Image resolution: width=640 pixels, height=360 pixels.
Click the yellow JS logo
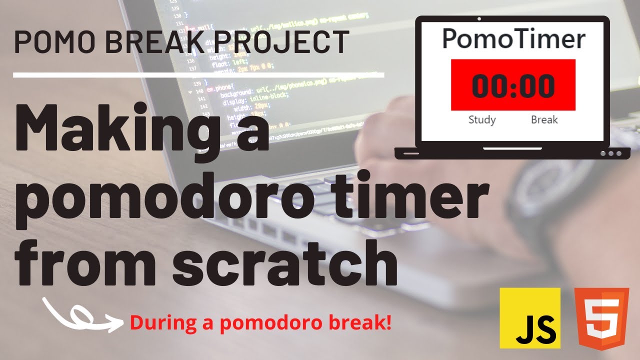click(x=530, y=317)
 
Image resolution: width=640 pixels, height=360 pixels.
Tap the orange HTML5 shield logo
click(x=601, y=318)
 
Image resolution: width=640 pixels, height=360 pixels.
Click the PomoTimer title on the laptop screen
click(x=513, y=39)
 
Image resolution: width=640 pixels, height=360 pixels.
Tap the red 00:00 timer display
click(x=513, y=85)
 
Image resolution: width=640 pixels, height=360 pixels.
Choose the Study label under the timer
click(x=482, y=120)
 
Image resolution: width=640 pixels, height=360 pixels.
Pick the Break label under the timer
click(x=544, y=120)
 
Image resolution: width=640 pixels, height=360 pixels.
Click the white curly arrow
click(x=82, y=315)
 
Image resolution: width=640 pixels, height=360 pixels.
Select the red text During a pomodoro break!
click(x=260, y=322)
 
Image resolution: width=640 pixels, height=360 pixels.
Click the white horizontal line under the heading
click(x=198, y=75)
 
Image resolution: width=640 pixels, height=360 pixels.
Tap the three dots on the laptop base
click(x=610, y=153)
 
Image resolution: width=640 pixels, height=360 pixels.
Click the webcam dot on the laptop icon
click(x=479, y=19)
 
